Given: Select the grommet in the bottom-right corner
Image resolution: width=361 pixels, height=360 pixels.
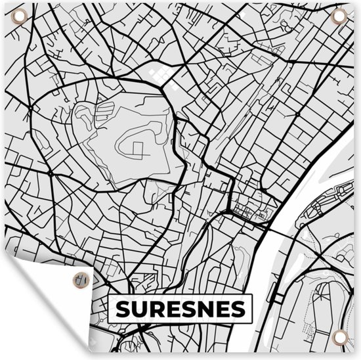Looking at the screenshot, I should coord(339,338).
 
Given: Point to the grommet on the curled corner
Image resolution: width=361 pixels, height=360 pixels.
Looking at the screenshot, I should coord(79,278).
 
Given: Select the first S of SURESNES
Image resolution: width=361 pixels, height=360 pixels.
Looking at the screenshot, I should coord(123,308).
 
